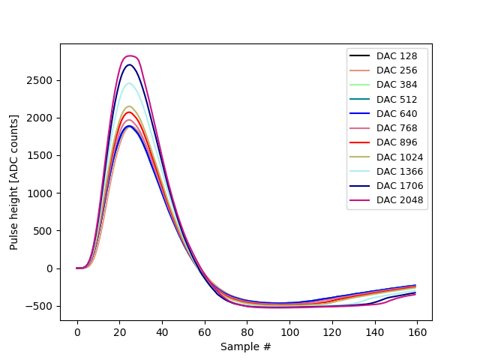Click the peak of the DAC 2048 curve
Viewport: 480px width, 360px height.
point(130,56)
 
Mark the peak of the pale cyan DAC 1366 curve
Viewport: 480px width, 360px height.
point(130,83)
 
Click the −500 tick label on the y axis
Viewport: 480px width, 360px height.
point(42,306)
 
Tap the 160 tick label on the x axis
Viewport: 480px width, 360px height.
point(417,332)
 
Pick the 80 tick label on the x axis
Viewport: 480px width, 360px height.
point(247,332)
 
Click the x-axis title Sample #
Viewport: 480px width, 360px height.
point(246,346)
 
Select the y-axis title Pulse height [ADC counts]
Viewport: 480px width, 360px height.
point(14,182)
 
